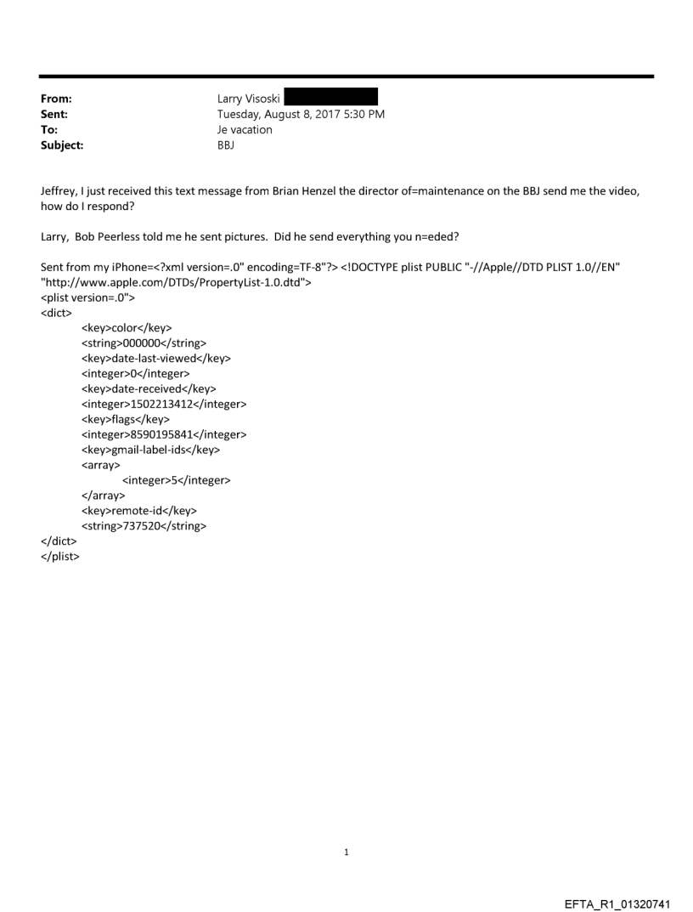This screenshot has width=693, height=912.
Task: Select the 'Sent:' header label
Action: (54, 115)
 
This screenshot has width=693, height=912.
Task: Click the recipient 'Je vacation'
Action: (245, 130)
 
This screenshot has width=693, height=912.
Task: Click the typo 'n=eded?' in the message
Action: (439, 239)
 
